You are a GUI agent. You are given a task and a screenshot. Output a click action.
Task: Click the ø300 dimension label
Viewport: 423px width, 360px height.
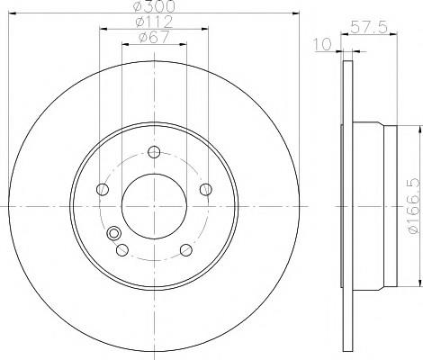point(154,6)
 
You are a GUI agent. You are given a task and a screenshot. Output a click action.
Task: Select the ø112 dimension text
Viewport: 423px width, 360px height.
point(154,22)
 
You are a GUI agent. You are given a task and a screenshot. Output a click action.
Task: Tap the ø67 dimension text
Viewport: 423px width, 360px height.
point(154,37)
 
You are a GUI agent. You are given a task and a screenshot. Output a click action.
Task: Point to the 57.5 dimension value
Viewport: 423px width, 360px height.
point(369,27)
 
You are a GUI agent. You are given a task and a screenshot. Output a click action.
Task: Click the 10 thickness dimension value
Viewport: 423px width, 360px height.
point(322,44)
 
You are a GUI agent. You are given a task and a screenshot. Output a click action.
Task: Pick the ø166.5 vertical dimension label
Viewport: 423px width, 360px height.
point(414,205)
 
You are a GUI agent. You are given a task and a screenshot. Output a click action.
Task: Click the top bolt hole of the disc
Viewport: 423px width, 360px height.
point(154,152)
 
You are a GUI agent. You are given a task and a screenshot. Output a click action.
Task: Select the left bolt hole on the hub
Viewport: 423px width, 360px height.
point(103,189)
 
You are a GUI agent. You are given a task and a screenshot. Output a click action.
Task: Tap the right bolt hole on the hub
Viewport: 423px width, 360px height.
point(206,189)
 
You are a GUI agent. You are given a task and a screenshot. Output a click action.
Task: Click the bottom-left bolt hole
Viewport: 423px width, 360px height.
point(122,250)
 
